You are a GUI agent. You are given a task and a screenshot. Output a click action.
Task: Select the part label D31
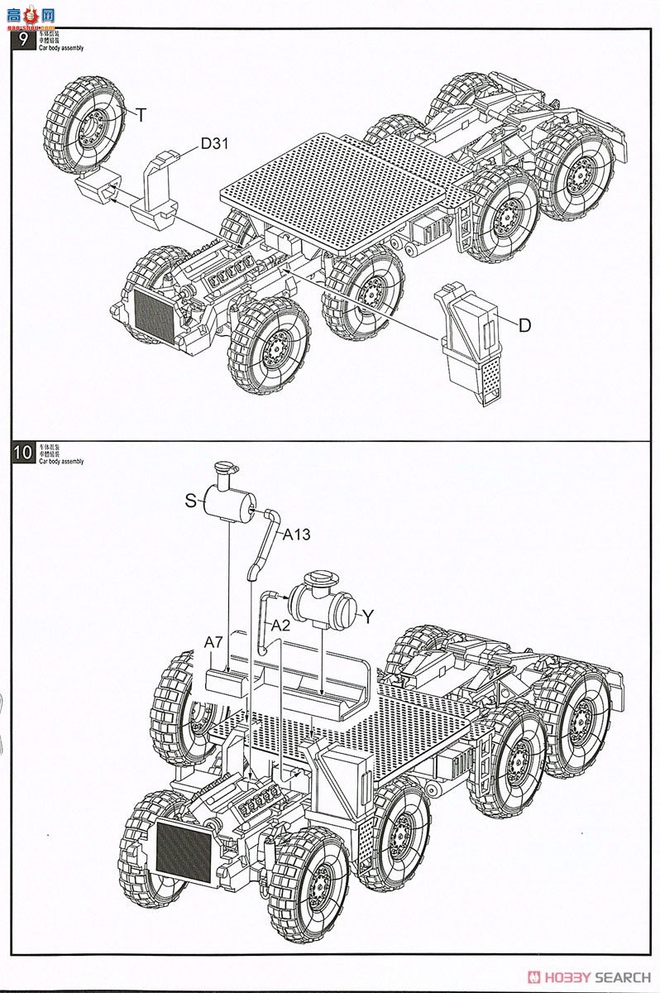pyautogui.click(x=214, y=144)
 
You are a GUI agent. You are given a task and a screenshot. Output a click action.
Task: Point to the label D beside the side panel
pyautogui.click(x=524, y=326)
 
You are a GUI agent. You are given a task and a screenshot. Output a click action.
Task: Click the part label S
pyautogui.click(x=191, y=500)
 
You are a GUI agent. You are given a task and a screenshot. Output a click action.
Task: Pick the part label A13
pyautogui.click(x=296, y=535)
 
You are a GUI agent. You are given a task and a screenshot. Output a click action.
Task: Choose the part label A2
pyautogui.click(x=280, y=626)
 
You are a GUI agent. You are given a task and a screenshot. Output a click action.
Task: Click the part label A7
pyautogui.click(x=214, y=641)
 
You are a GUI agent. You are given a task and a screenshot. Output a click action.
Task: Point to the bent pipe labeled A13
pyautogui.click(x=262, y=546)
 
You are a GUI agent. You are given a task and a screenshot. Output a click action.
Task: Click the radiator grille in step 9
pyautogui.click(x=151, y=314)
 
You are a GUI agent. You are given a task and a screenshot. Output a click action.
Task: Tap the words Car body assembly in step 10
pyautogui.click(x=61, y=461)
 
